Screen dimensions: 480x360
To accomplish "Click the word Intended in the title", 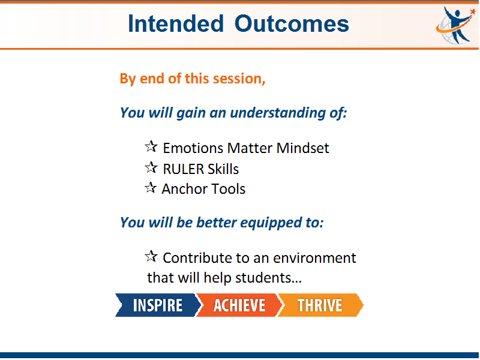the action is click(176, 23).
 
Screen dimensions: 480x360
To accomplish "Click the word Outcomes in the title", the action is click(292, 23).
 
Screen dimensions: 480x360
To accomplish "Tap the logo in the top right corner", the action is click(456, 25).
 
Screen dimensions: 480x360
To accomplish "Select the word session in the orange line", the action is click(239, 79).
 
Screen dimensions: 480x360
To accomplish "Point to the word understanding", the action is click(278, 113).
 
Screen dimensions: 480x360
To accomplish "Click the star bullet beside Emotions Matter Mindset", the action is click(151, 146).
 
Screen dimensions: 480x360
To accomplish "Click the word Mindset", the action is click(302, 148).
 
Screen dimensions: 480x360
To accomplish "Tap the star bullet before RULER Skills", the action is click(151, 167).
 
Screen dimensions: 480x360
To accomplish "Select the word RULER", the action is click(184, 169).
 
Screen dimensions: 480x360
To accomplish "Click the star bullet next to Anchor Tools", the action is click(151, 188).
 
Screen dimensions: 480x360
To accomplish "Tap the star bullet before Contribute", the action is click(151, 256).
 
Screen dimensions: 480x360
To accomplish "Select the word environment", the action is click(314, 258).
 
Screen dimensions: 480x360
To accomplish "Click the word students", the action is click(268, 278).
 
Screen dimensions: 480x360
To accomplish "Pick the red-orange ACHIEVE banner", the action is click(239, 305).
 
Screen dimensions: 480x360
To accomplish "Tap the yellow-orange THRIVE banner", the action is click(320, 305).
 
